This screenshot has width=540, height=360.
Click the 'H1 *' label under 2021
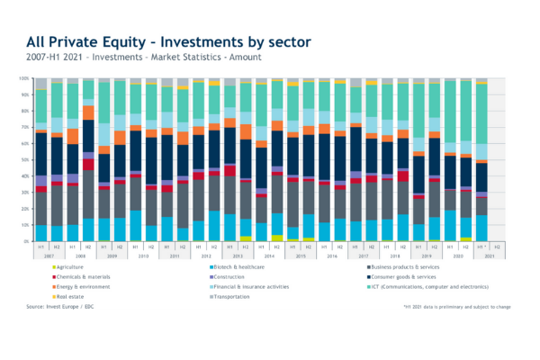pyautogui.click(x=481, y=247)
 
